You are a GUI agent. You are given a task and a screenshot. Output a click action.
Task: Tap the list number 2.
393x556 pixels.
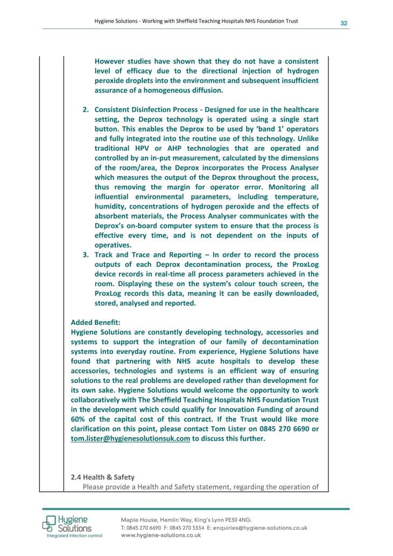point(85,109)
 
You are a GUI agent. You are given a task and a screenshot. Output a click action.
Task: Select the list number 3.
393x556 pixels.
point(85,254)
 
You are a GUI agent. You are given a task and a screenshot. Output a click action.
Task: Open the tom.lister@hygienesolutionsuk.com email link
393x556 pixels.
point(130,438)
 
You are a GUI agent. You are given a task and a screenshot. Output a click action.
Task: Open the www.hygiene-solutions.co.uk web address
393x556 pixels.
point(161,536)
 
